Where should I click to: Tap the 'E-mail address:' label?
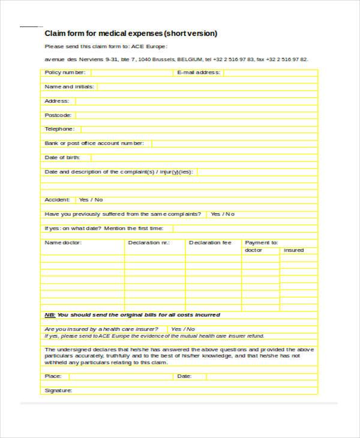coord(199,73)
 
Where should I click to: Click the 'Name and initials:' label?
coord(70,86)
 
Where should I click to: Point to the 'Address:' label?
coord(57,101)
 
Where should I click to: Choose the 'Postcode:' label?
coord(58,115)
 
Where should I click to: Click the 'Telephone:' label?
coord(60,129)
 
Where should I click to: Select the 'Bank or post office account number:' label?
coord(94,143)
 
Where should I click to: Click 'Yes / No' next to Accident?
coord(91,200)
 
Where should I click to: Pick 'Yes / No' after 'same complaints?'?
coord(222,214)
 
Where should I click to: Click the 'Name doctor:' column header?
coord(63,243)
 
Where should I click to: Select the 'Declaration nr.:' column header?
coord(149,243)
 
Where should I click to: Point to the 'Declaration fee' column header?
coord(210,243)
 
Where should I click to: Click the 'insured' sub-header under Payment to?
coord(294,250)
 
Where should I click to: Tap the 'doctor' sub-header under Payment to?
coord(254,250)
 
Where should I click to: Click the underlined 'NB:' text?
coord(50,314)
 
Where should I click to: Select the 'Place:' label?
coord(53,376)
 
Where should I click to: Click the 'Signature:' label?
coord(58,391)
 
